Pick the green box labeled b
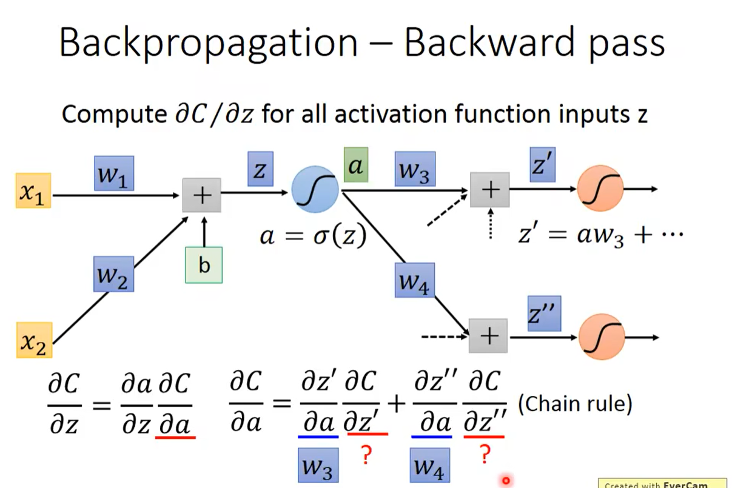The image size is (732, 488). (204, 266)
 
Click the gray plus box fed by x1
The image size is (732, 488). (201, 195)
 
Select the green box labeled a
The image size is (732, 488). (355, 165)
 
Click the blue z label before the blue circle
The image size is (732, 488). (260, 169)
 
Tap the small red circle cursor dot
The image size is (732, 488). (505, 480)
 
